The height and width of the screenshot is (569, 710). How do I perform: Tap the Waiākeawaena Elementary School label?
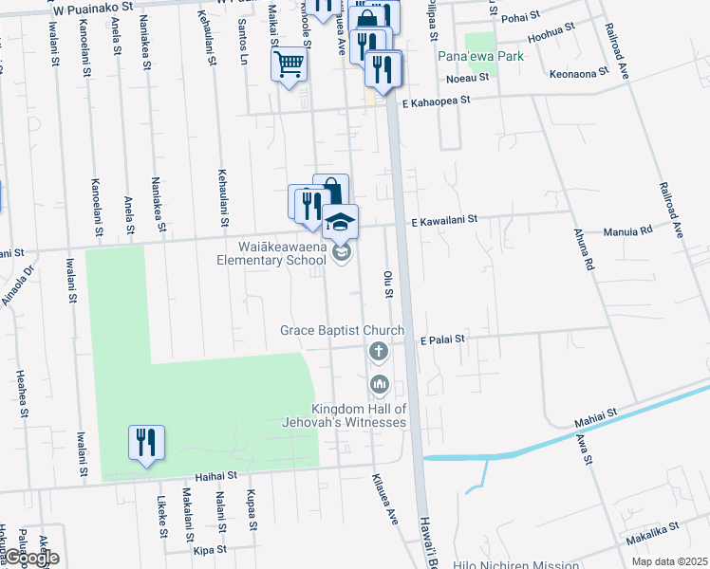(x=270, y=253)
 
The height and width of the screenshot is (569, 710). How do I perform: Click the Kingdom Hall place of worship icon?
(x=379, y=384)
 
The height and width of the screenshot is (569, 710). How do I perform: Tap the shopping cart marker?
(x=290, y=64)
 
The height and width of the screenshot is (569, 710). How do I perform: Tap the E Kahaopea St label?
(x=436, y=102)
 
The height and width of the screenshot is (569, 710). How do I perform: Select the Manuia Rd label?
(x=627, y=230)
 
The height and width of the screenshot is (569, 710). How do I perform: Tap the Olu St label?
(x=387, y=283)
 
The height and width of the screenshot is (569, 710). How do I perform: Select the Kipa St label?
(x=210, y=549)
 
